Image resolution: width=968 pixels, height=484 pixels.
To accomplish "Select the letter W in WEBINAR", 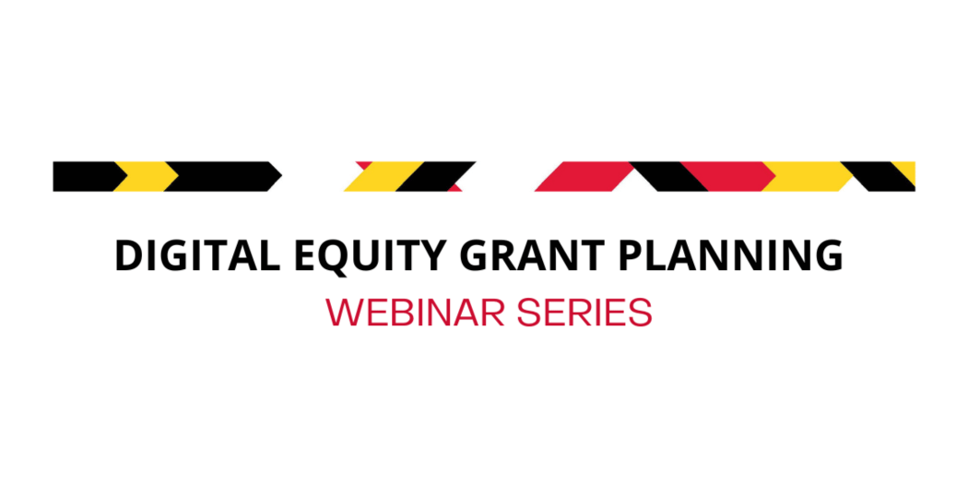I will click(345, 313).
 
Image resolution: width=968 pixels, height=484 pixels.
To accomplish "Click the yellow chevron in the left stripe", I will click(145, 176).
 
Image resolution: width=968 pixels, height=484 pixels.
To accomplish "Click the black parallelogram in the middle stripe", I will click(433, 176).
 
